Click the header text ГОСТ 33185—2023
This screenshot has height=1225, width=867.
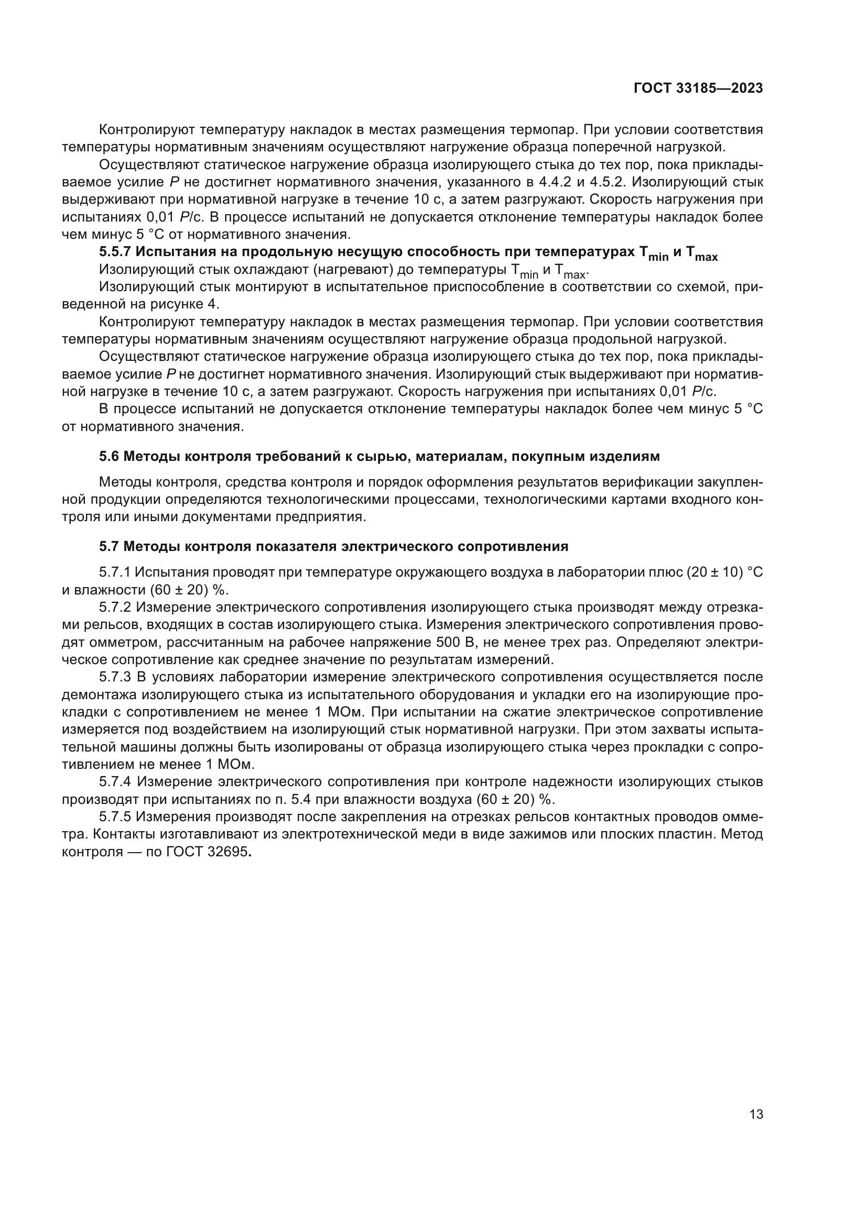point(698,89)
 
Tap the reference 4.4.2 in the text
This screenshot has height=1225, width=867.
point(555,182)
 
